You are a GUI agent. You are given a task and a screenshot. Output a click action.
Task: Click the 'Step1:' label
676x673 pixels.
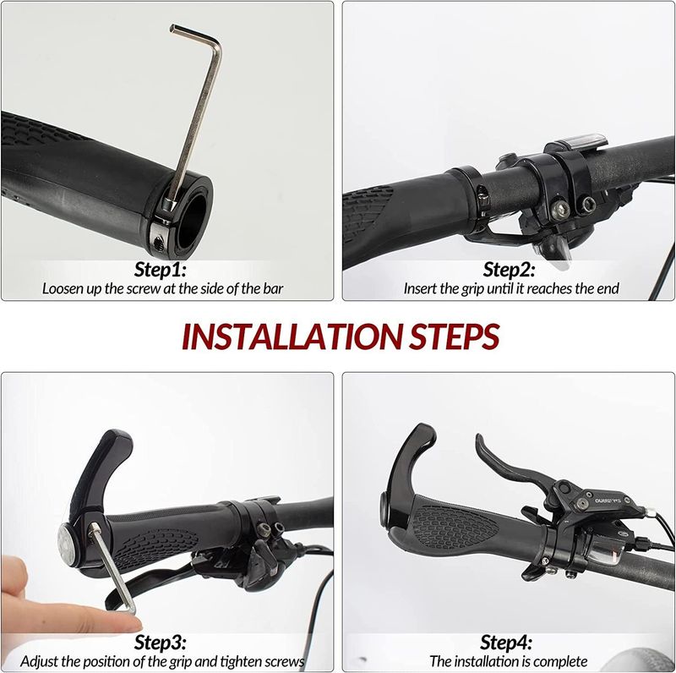(161, 270)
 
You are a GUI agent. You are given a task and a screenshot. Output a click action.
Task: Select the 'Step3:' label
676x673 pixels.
(161, 643)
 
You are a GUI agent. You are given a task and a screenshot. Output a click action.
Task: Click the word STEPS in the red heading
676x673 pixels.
(457, 336)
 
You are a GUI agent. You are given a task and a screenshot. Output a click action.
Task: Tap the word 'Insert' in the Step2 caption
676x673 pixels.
(420, 289)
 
